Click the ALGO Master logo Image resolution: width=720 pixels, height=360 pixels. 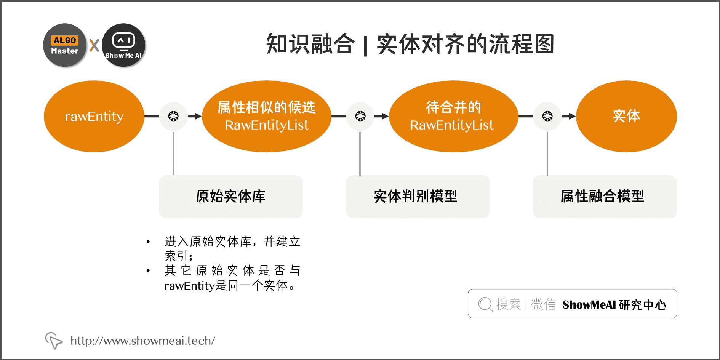[x=65, y=45]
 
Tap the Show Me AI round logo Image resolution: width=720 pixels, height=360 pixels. [x=123, y=45]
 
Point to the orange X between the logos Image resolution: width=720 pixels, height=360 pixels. [x=94, y=45]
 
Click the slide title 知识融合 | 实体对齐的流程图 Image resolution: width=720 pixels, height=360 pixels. [x=410, y=44]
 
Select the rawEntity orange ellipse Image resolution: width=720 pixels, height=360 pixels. [x=94, y=116]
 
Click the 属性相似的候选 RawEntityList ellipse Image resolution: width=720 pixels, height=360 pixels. [x=266, y=116]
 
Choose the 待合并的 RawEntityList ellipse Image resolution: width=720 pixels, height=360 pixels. [x=453, y=116]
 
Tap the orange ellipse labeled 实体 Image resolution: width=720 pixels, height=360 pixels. [x=626, y=116]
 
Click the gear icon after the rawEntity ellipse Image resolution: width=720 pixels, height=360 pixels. [x=173, y=116]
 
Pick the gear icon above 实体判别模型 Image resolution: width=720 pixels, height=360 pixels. [x=360, y=116]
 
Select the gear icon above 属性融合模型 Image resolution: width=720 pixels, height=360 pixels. [x=547, y=116]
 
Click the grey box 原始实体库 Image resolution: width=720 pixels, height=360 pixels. [x=230, y=197]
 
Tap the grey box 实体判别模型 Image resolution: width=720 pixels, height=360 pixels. [x=418, y=197]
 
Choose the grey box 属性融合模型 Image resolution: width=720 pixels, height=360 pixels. [x=605, y=197]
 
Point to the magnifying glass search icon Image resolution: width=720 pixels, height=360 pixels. [x=485, y=304]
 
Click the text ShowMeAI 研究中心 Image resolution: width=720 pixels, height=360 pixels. [x=614, y=305]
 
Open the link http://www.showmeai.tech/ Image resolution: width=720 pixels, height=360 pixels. [x=143, y=341]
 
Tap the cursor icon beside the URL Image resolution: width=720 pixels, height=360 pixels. [x=53, y=340]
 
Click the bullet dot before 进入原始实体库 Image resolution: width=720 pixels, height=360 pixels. [x=148, y=242]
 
